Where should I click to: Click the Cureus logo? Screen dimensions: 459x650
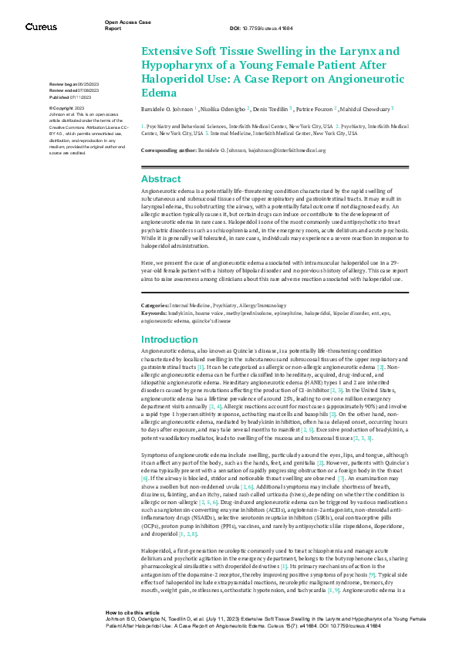tap(40, 27)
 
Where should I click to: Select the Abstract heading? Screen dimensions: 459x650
tap(160, 178)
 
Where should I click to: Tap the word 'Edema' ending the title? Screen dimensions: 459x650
tap(159, 93)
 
